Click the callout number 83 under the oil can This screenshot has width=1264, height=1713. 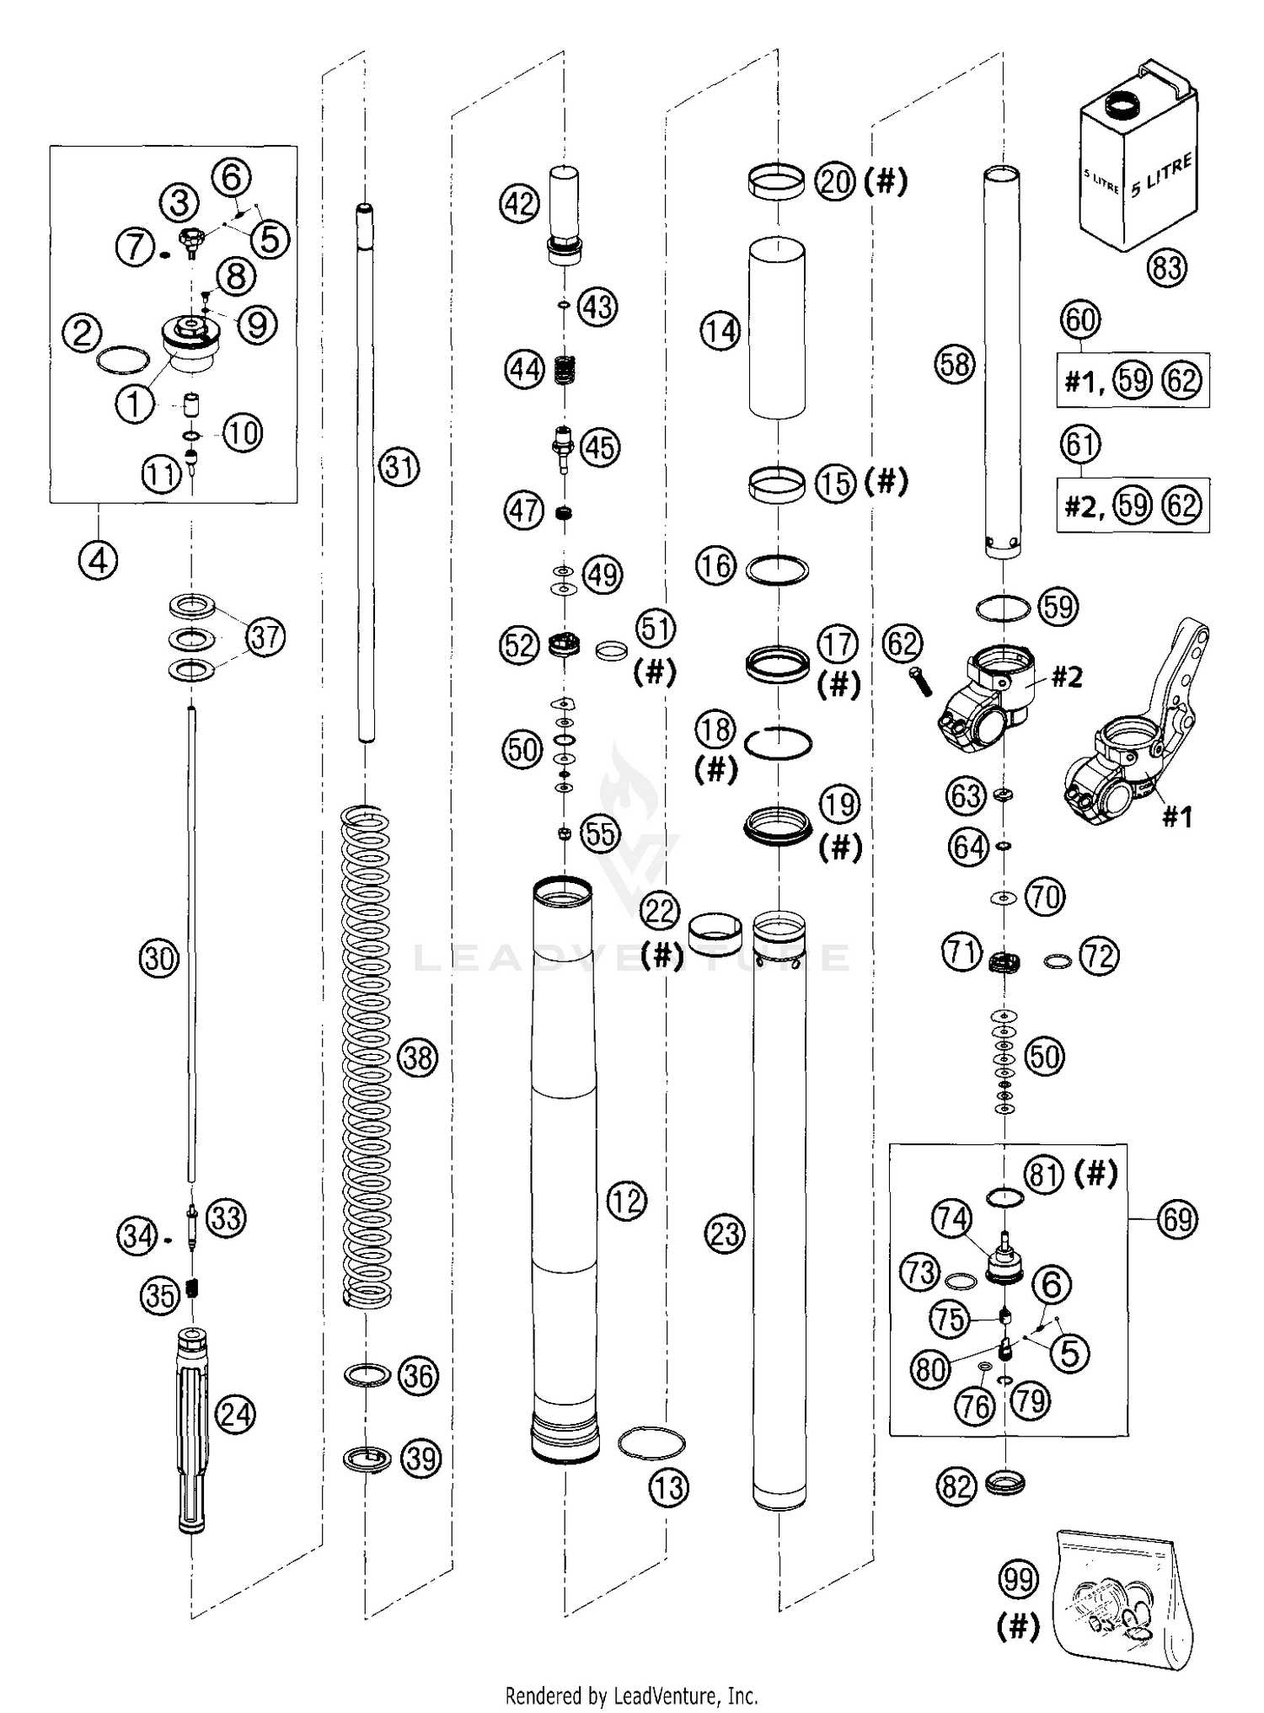click(1166, 268)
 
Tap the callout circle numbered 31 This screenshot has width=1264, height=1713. click(399, 466)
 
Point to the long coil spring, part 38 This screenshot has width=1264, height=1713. click(367, 1057)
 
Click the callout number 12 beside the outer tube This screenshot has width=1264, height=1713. click(625, 1201)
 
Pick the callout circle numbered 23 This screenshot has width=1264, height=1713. click(724, 1234)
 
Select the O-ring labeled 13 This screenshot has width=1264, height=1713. click(651, 1443)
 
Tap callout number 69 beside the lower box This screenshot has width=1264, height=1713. click(1176, 1219)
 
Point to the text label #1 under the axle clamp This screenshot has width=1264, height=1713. click(1176, 816)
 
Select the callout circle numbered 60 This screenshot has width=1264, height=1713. click(1081, 320)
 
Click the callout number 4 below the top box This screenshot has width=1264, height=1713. click(99, 559)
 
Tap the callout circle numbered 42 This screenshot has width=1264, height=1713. click(520, 203)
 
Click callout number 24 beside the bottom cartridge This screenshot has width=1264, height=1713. click(236, 1413)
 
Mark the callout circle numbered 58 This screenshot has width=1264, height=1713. click(955, 365)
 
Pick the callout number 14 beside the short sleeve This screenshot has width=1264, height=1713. click(720, 331)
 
